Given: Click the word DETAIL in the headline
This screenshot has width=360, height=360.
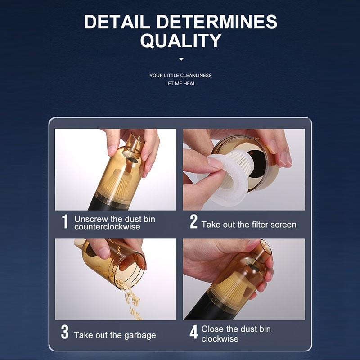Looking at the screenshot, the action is tap(117, 22).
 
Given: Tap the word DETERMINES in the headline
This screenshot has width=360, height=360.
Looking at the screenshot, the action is tap(217, 22).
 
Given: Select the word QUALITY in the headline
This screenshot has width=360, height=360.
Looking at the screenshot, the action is tap(181, 40).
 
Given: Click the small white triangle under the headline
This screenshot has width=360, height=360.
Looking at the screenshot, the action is tap(181, 59).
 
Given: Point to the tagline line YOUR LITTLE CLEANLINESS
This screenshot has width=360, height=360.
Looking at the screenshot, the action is tap(180, 76).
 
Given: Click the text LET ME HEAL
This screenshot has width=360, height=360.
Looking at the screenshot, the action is tap(180, 84).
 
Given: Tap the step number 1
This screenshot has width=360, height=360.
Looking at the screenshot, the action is tap(65, 221).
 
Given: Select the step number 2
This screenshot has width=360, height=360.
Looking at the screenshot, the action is tap(193, 221).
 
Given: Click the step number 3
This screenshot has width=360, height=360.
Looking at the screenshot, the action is tap(65, 332).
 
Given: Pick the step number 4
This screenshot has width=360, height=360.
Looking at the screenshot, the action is tap(193, 332).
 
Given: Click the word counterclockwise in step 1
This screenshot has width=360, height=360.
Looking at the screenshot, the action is tap(107, 227).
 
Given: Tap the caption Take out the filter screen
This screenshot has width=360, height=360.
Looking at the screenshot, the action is tap(249, 225).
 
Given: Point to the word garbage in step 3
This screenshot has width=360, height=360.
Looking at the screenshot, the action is tap(140, 336).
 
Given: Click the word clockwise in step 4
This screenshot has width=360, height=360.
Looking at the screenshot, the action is tap(220, 339).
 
